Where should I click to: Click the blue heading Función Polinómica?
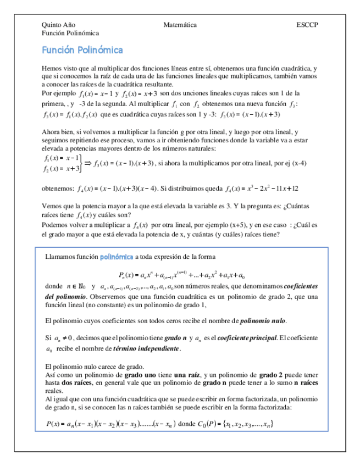tap(82, 50)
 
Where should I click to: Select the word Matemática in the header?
tap(180, 25)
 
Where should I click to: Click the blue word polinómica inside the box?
tap(117, 257)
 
